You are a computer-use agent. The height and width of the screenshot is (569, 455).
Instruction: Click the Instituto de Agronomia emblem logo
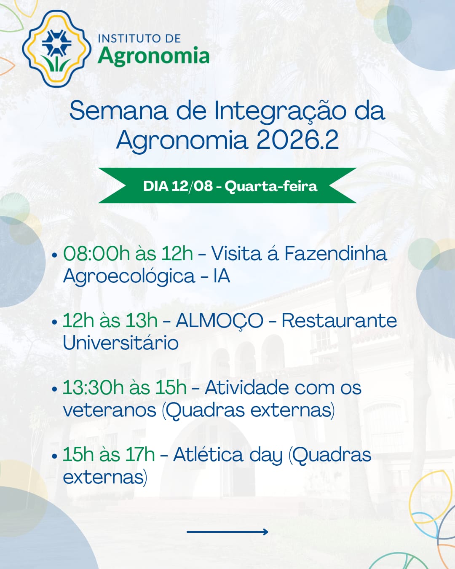point(56,48)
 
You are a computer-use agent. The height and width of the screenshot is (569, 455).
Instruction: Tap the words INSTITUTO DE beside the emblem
point(139,39)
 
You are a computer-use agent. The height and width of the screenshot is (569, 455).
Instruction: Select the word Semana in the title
point(118,111)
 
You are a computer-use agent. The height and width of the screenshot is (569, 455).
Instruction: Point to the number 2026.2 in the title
point(297,140)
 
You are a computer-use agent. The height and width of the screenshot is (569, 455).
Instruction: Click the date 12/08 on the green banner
point(192,186)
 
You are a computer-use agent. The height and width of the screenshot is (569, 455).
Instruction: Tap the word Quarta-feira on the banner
point(271,186)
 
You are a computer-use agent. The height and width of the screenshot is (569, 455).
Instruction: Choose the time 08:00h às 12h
point(128,254)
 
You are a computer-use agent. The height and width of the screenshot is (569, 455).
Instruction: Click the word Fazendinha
point(335,253)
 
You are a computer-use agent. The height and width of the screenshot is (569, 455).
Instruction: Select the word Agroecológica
point(129,277)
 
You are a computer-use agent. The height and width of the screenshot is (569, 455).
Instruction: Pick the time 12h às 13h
point(110,320)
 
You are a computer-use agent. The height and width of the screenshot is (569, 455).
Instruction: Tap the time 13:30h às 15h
point(125,388)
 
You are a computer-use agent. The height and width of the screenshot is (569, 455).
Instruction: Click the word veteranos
point(110,411)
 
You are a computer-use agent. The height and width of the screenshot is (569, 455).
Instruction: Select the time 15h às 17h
point(109,455)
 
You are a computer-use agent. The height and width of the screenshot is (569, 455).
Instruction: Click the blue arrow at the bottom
point(227,532)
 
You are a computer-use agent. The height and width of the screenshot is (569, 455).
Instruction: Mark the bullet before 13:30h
point(55,389)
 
